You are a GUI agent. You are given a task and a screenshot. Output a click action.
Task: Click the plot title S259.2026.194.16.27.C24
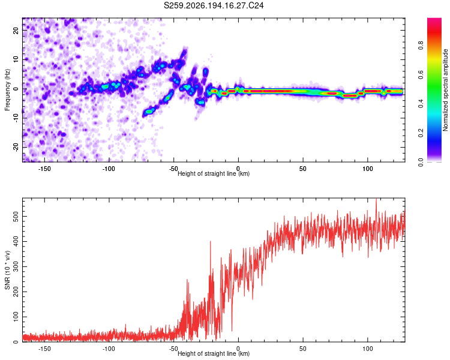[x=214, y=5]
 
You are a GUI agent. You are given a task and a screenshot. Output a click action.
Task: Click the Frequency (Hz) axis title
[x=7, y=89]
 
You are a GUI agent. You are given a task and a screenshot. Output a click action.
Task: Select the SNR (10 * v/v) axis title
[x=7, y=270]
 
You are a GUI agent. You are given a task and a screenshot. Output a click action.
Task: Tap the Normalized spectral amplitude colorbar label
[x=445, y=90]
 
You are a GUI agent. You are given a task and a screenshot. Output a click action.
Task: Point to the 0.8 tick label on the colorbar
[x=421, y=46]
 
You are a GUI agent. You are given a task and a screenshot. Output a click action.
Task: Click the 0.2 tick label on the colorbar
[x=421, y=133]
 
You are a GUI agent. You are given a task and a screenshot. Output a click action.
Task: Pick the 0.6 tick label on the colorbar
[x=421, y=74]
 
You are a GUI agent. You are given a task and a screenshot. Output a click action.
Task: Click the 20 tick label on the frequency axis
[x=16, y=30]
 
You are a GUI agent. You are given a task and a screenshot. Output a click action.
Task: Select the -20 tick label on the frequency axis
[x=16, y=148]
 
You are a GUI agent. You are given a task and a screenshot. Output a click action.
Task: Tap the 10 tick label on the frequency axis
[x=16, y=59]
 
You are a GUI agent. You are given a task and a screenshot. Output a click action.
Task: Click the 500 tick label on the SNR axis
[x=16, y=216]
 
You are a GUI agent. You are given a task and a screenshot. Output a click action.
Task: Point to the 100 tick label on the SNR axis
[x=16, y=317]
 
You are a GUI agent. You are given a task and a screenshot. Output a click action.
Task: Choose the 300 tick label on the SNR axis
[x=16, y=266]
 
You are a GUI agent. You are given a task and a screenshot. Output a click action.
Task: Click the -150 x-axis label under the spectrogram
[x=44, y=169]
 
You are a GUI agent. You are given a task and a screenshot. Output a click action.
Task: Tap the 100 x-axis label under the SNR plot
[x=368, y=349]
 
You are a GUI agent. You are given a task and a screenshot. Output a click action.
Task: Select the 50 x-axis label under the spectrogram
[x=303, y=169]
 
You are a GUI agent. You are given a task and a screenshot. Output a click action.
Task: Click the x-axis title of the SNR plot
[x=214, y=353]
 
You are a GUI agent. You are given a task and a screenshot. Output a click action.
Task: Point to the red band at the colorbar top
[x=434, y=22]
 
